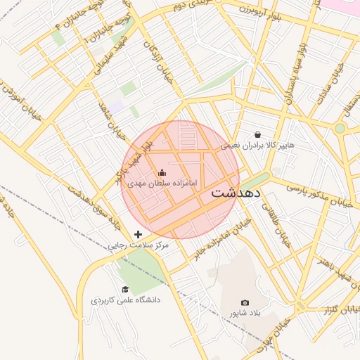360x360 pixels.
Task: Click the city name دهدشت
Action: [236, 192]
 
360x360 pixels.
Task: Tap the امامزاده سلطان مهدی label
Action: [162, 183]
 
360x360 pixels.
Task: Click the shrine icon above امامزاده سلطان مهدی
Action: [162, 172]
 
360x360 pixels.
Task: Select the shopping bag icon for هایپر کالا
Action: [257, 134]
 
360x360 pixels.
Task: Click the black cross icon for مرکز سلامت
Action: [138, 233]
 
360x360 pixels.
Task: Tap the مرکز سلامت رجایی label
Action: [139, 245]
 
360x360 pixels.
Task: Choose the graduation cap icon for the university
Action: [125, 289]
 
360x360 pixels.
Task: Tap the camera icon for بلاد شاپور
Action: [245, 302]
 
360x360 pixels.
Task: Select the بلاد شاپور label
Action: [245, 313]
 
